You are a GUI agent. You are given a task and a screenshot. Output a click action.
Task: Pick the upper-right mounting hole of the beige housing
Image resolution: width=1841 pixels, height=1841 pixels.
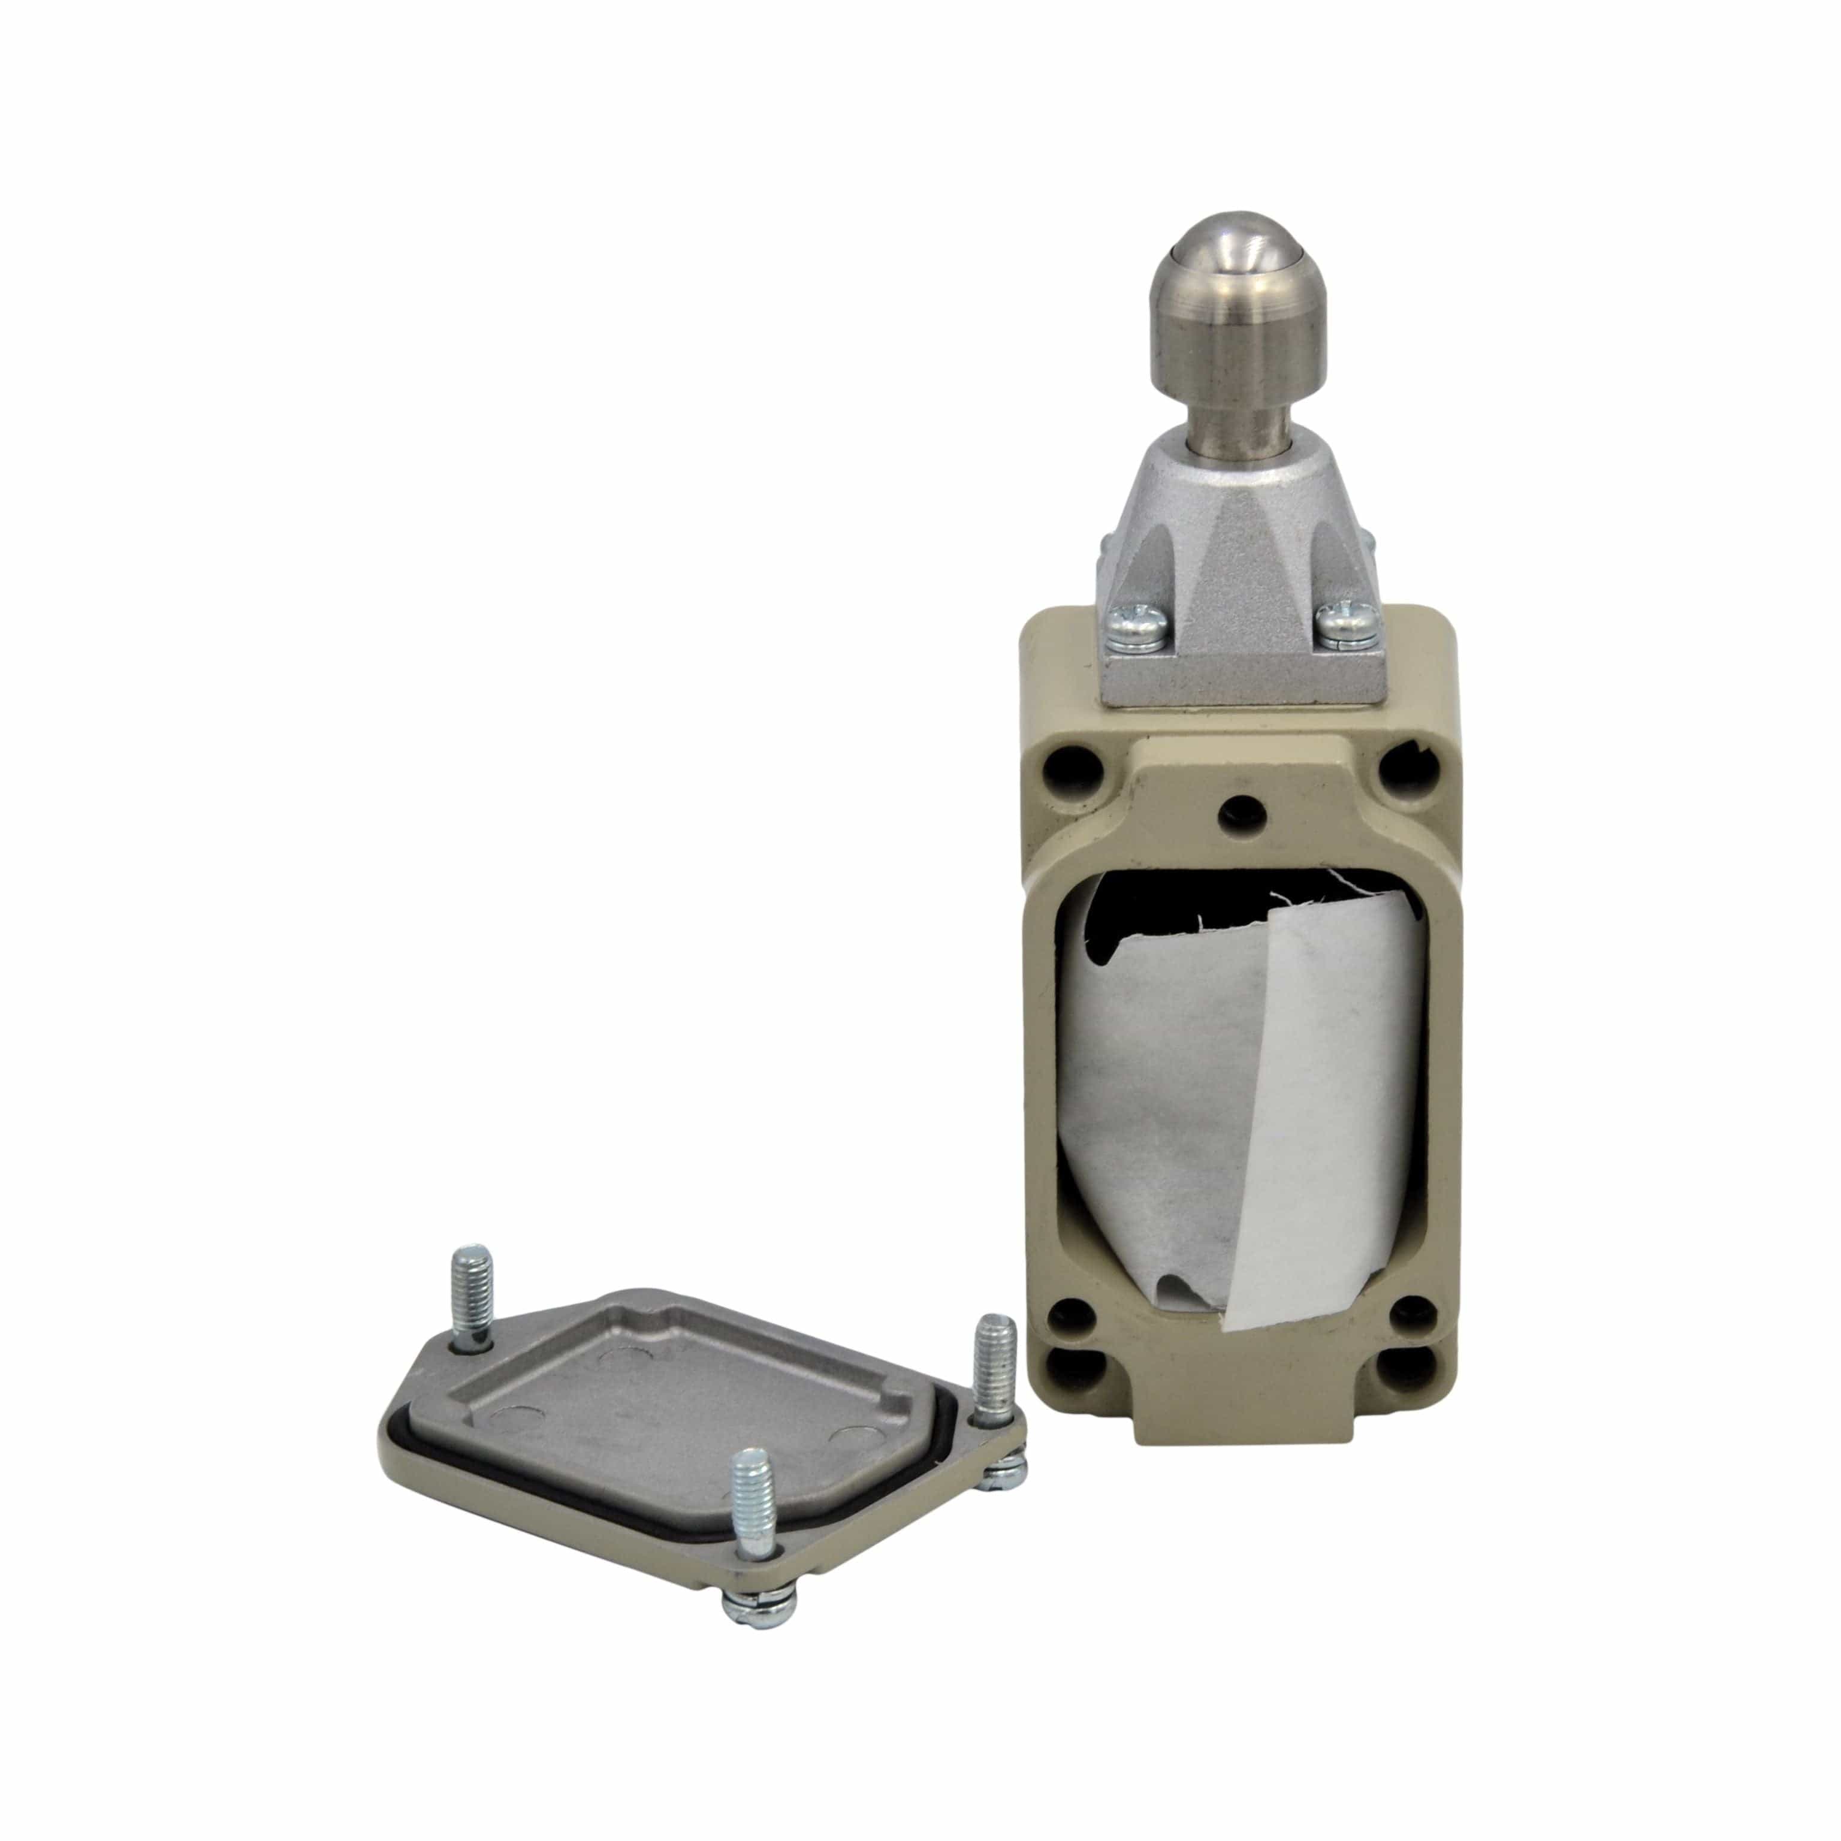tap(1403, 763)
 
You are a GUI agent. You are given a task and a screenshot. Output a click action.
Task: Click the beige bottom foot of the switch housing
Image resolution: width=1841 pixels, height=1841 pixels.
tap(1239, 1429)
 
